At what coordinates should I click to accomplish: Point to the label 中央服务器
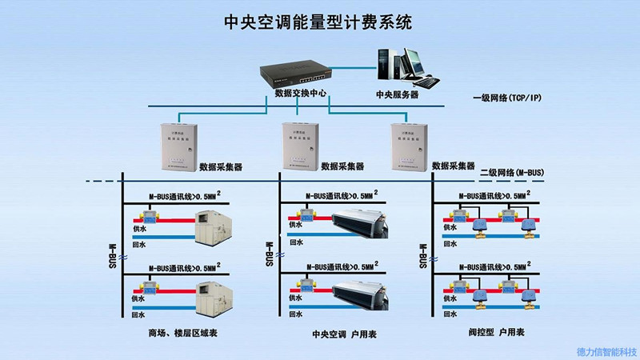point(398,94)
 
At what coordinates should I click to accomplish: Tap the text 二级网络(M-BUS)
point(511,172)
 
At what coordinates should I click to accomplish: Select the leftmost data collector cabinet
point(175,145)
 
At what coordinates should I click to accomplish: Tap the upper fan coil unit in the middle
point(358,221)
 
